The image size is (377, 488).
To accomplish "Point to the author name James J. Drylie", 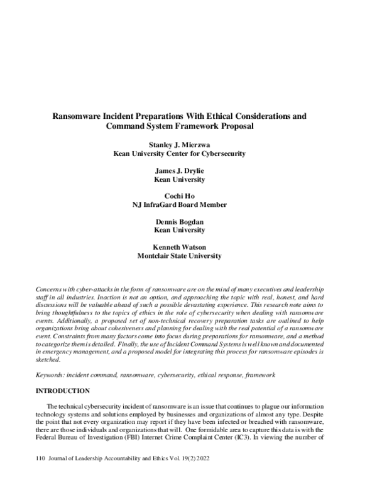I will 188,170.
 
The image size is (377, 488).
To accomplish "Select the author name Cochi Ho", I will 188,196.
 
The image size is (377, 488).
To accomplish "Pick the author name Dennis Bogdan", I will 188,222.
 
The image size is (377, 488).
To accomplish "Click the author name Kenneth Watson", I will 188,248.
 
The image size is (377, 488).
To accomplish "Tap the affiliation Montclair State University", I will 188,256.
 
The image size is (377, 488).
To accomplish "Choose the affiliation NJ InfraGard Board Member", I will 188,204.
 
